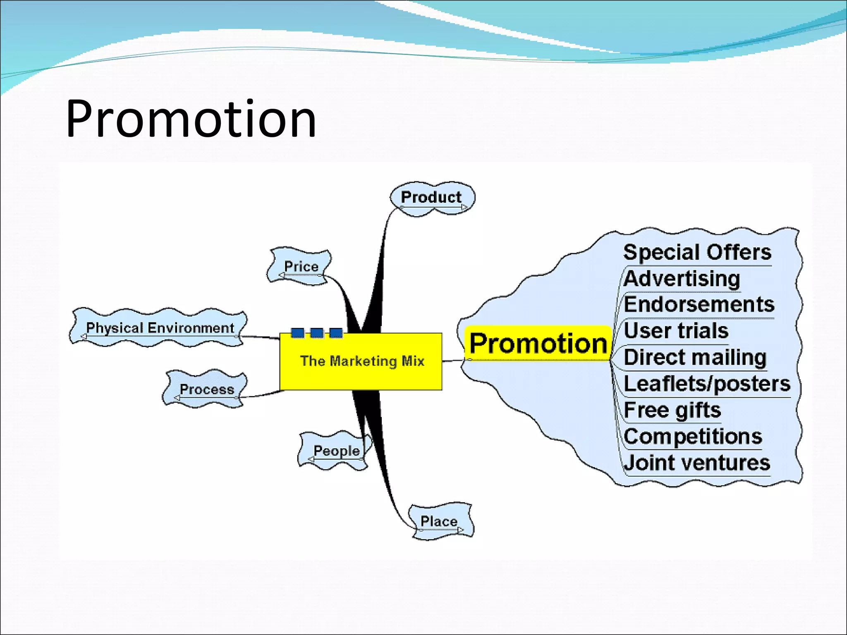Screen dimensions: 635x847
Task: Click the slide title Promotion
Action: pyautogui.click(x=191, y=119)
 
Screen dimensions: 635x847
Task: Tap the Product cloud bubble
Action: pyautogui.click(x=431, y=198)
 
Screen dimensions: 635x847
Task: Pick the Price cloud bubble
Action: pyautogui.click(x=301, y=267)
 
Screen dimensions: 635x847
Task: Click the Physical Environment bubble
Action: pyautogui.click(x=160, y=328)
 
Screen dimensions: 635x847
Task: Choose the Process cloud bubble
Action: pyautogui.click(x=206, y=389)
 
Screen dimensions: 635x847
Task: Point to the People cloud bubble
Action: pyautogui.click(x=336, y=450)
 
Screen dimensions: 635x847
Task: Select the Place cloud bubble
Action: pyautogui.click(x=439, y=521)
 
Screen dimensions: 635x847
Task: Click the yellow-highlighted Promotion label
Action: pyautogui.click(x=538, y=344)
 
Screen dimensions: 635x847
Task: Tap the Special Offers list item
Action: pyautogui.click(x=697, y=252)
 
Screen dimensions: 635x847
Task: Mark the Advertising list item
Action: pyautogui.click(x=682, y=279)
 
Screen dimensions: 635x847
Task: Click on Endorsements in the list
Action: pyautogui.click(x=699, y=305)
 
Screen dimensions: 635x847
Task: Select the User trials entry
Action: pyautogui.click(x=676, y=331)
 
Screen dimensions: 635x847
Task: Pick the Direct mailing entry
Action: pyautogui.click(x=695, y=357)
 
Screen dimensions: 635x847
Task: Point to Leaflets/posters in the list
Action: pyautogui.click(x=707, y=384)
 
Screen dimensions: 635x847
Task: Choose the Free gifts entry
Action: pyautogui.click(x=672, y=410)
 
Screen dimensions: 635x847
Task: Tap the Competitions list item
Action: pyautogui.click(x=693, y=437)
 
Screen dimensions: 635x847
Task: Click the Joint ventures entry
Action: pyautogui.click(x=697, y=463)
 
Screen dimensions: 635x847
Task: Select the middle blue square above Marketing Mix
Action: pyautogui.click(x=317, y=333)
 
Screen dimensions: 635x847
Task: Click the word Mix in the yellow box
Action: pyautogui.click(x=413, y=361)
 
